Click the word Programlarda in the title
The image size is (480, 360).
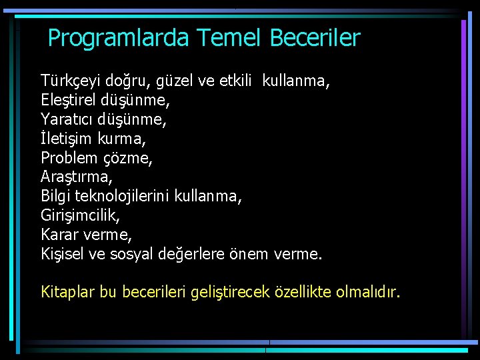[119, 38]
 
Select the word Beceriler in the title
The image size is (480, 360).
[315, 37]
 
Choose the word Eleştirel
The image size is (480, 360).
[69, 101]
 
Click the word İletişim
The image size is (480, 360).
[66, 139]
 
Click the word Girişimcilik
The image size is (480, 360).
[81, 216]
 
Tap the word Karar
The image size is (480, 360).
[59, 235]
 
